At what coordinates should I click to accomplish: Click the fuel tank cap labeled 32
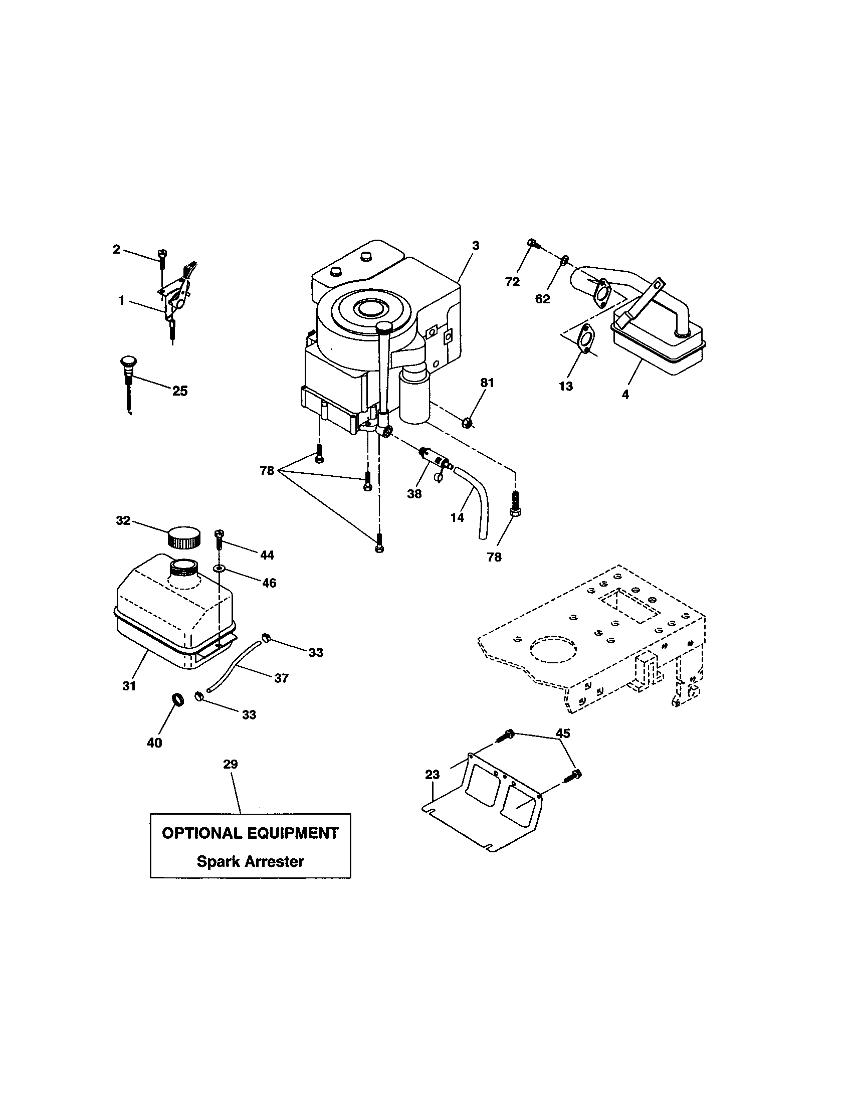coord(183,538)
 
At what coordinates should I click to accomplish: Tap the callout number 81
coord(487,383)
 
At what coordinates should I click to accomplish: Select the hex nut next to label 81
coord(468,421)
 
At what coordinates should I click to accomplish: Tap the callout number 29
coord(230,764)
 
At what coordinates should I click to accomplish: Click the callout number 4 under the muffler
coord(625,395)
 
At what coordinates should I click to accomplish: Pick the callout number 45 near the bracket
coord(562,733)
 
